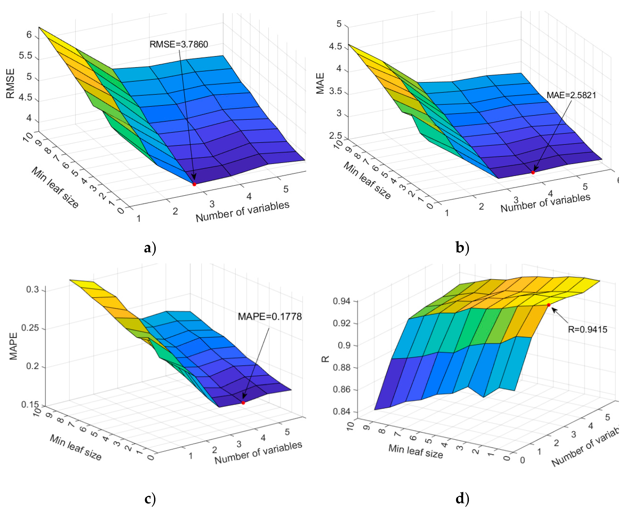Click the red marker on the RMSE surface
click(x=194, y=184)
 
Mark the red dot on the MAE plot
click(x=533, y=172)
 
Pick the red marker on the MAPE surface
click(x=243, y=403)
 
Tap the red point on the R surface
click(x=549, y=305)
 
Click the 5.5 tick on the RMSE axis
click(x=25, y=56)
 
